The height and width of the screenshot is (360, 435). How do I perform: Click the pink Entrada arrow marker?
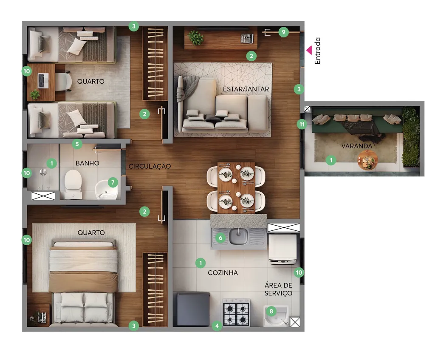pyautogui.click(x=309, y=50)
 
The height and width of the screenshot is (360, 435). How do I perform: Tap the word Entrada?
pyautogui.click(x=317, y=51)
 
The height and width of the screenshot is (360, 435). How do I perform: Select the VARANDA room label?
pyautogui.click(x=356, y=146)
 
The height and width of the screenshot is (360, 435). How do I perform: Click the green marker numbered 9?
pyautogui.click(x=283, y=32)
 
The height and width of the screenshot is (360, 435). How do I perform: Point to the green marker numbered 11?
pyautogui.click(x=302, y=124)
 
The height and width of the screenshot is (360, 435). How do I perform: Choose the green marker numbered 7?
pyautogui.click(x=113, y=182)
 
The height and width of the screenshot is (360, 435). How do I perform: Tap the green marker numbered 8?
pyautogui.click(x=271, y=312)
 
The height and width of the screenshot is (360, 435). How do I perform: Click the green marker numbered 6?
pyautogui.click(x=220, y=238)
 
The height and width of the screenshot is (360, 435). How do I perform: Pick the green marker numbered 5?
pyautogui.click(x=77, y=144)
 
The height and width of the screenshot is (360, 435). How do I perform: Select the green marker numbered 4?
pyautogui.click(x=217, y=326)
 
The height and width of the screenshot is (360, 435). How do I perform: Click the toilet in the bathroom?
pyautogui.click(x=73, y=184)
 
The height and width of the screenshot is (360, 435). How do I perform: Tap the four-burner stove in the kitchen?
pyautogui.click(x=236, y=312)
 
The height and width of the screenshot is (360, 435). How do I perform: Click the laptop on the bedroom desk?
pyautogui.click(x=43, y=80)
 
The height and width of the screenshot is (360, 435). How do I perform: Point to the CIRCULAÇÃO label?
pyautogui.click(x=150, y=166)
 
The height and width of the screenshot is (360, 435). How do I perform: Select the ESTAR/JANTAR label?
pyautogui.click(x=246, y=89)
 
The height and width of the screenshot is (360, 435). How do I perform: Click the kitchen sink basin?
pyautogui.click(x=238, y=237)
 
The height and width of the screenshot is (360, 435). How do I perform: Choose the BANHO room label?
pyautogui.click(x=88, y=163)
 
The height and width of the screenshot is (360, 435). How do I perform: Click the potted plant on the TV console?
pyautogui.click(x=195, y=38)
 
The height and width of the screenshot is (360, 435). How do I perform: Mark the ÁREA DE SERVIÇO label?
pyautogui.click(x=278, y=289)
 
